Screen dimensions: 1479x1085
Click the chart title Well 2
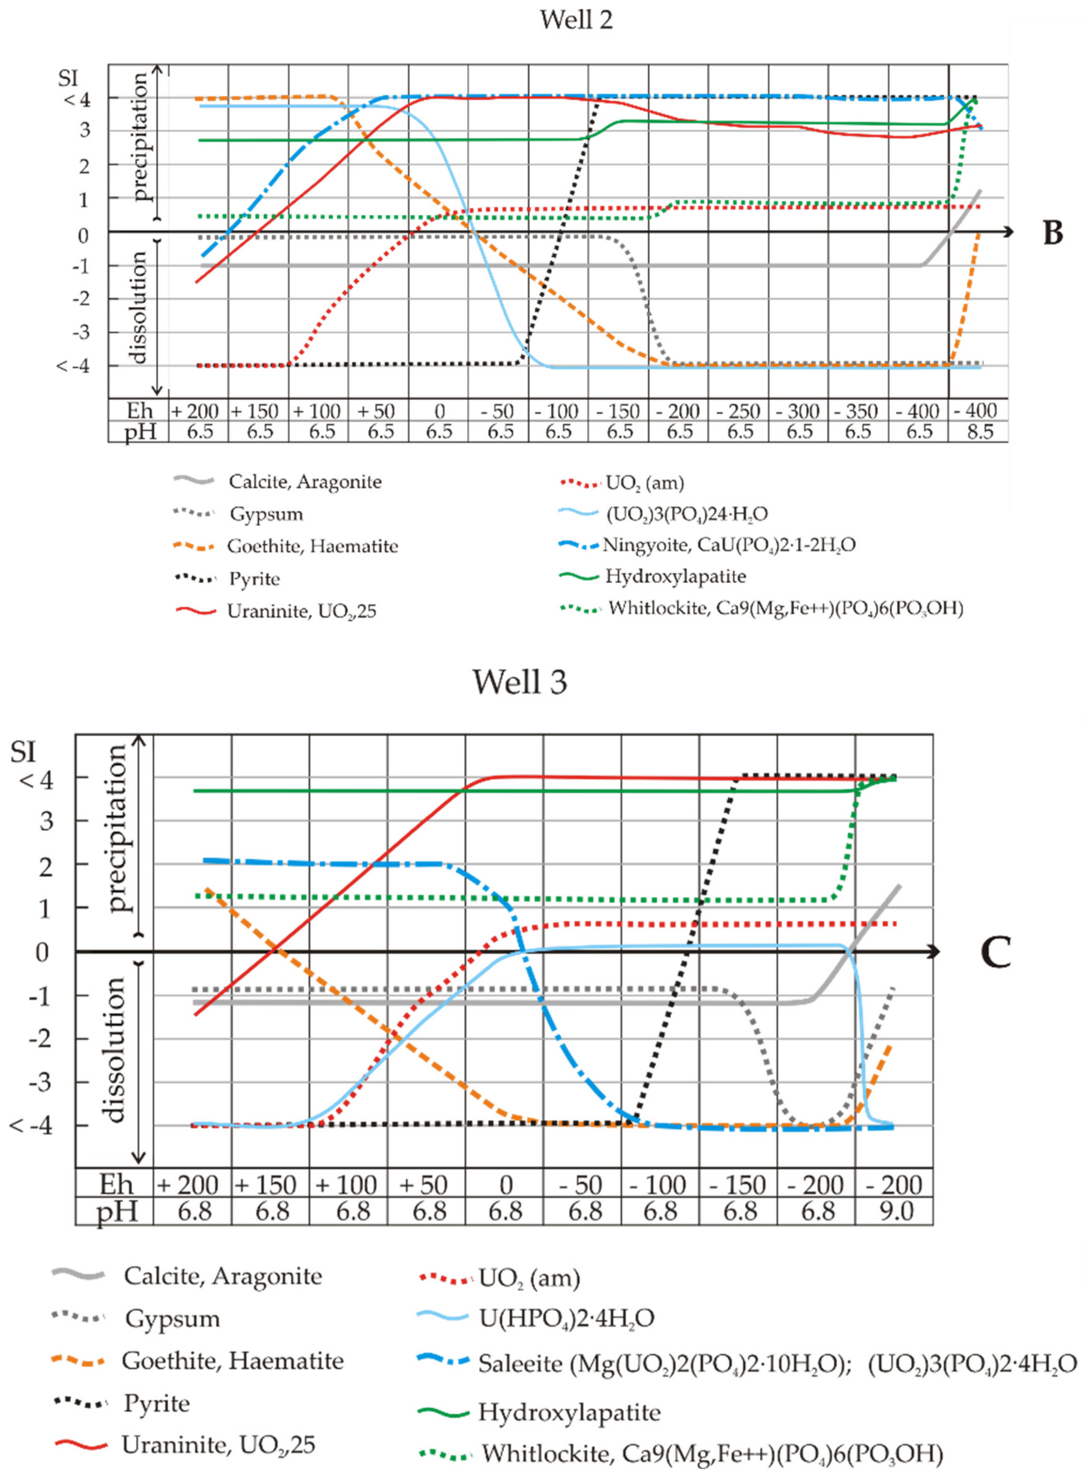[576, 20]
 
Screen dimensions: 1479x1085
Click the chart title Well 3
[520, 682]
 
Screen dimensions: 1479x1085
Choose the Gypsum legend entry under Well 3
[172, 1319]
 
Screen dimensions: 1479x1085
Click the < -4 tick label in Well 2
[72, 366]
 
